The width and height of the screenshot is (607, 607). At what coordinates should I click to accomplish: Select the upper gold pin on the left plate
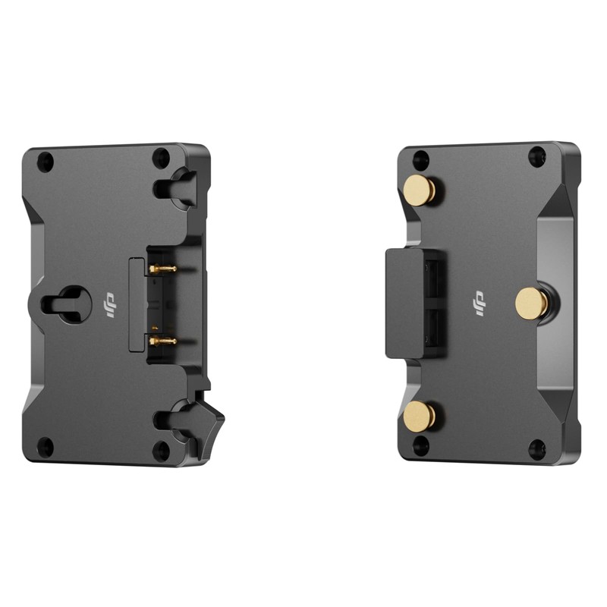point(162,269)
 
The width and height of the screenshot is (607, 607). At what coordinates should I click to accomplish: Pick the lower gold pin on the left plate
point(162,341)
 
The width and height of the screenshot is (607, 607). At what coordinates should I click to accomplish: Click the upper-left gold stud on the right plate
point(420,190)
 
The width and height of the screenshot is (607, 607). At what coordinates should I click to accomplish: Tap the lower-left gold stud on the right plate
point(420,416)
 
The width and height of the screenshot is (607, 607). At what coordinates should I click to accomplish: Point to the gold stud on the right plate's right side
point(532,303)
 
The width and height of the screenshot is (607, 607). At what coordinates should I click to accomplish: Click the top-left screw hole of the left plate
point(46,161)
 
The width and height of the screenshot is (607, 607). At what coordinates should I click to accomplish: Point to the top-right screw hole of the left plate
point(161,158)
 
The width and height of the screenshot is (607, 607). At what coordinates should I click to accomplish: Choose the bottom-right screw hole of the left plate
point(161,451)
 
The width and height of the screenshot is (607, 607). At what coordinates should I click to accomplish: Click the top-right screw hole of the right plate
point(537,156)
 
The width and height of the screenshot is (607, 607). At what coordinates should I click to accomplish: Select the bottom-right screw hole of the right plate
point(537,449)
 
